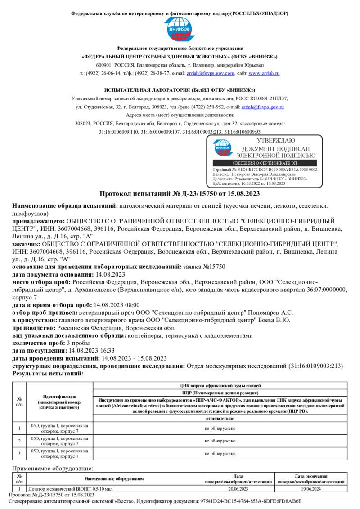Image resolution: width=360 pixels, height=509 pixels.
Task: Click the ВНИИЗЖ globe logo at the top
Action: [x=180, y=30]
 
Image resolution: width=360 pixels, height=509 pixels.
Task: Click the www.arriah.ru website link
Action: [x=264, y=73]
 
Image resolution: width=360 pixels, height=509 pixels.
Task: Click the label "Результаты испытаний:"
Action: [x=48, y=373]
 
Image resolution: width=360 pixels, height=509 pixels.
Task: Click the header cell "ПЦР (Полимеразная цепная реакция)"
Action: [x=220, y=393]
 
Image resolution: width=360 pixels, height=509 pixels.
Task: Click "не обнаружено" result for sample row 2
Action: [x=220, y=441]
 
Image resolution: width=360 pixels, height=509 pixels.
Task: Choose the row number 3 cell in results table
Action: [x=19, y=453]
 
